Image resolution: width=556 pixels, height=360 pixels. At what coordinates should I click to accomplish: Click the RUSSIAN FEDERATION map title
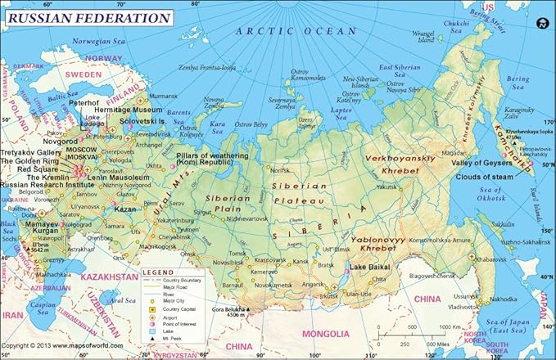[89, 17]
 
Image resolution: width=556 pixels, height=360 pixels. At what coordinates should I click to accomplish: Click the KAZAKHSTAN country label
[102, 277]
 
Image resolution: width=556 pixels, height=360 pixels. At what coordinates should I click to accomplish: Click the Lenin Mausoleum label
[119, 177]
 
